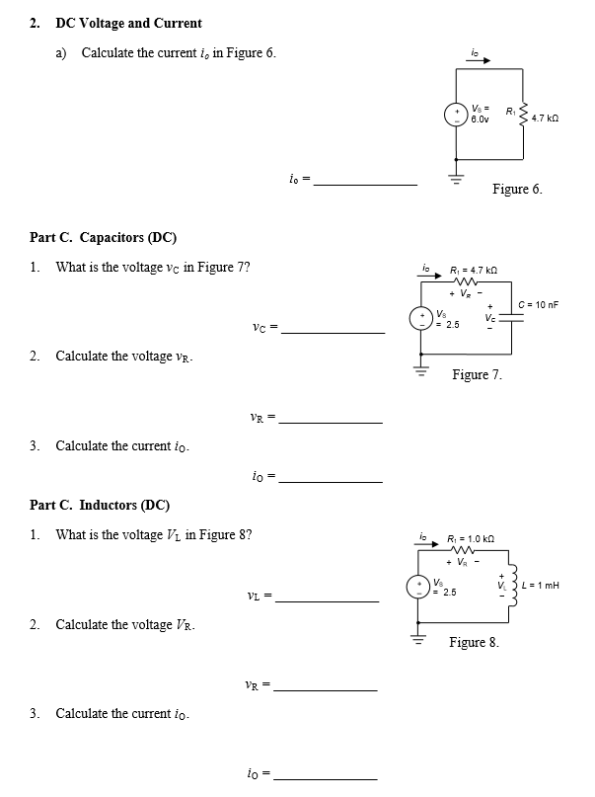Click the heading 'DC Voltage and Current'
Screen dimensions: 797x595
(128, 23)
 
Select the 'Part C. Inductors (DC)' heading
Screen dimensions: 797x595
(99, 505)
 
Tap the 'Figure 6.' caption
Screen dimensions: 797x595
(517, 189)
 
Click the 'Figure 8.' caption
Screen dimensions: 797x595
(474, 642)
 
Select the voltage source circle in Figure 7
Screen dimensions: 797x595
(419, 318)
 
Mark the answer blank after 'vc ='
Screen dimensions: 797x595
(333, 332)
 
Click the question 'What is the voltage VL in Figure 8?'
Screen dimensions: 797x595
(153, 535)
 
